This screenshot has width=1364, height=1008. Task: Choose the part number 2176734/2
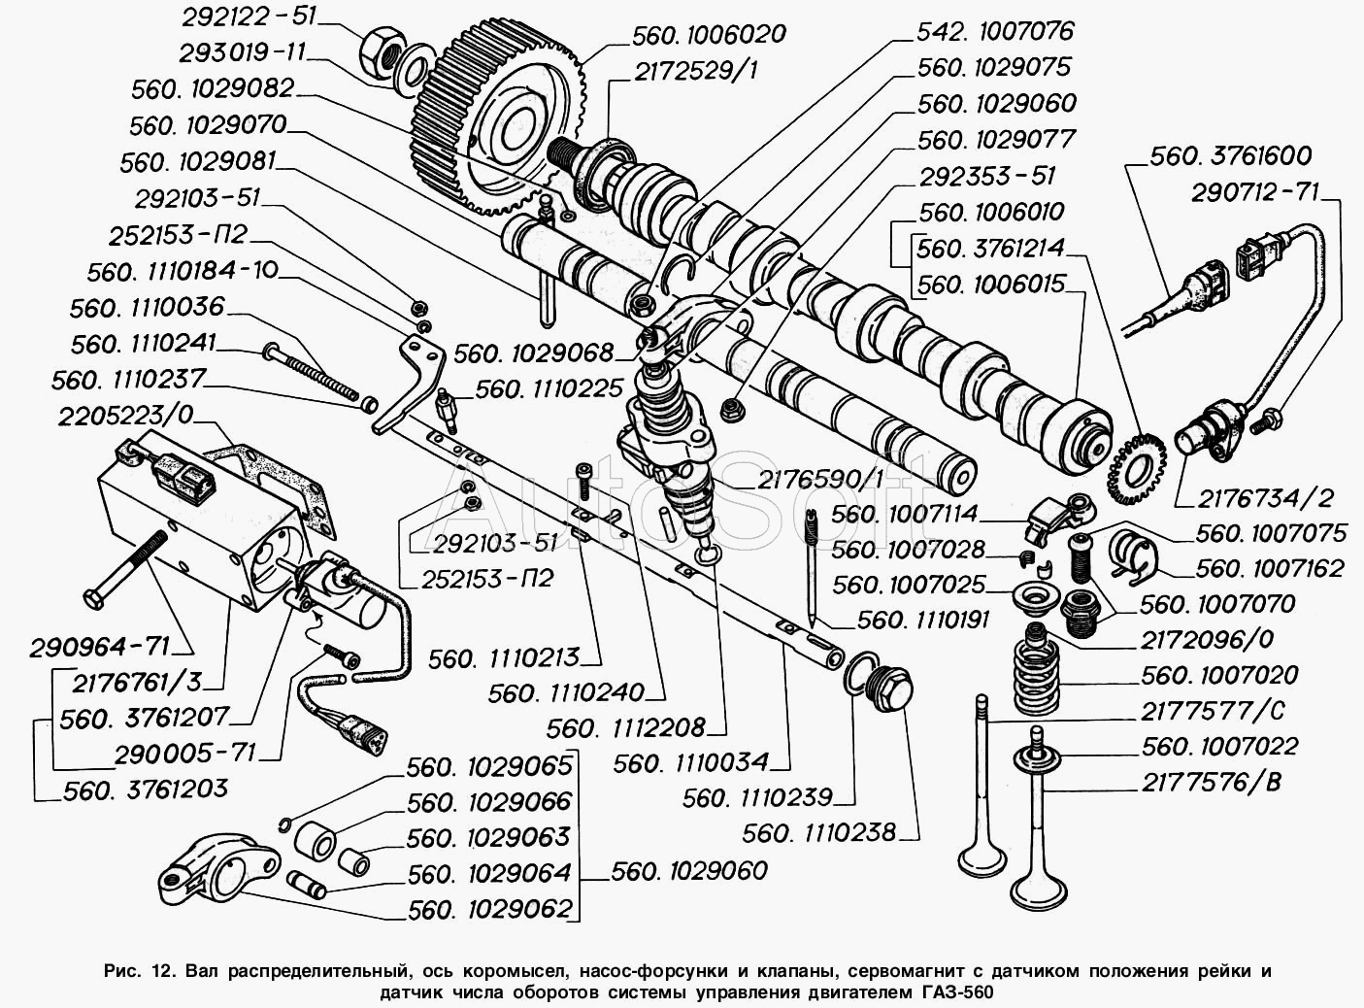pos(1253,497)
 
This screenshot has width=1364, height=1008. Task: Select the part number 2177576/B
pos(1211,782)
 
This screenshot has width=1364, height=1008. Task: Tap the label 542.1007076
pos(995,31)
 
